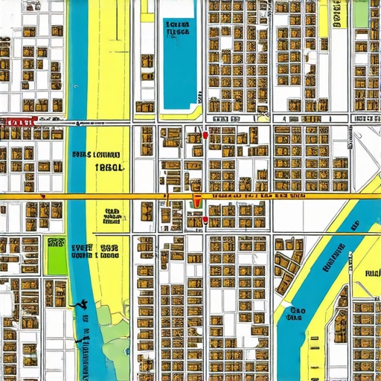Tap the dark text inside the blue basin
(x=178, y=28)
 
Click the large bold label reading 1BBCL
(x=110, y=168)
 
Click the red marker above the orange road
(x=205, y=136)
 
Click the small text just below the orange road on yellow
(x=112, y=216)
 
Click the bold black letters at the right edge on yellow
(x=372, y=272)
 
